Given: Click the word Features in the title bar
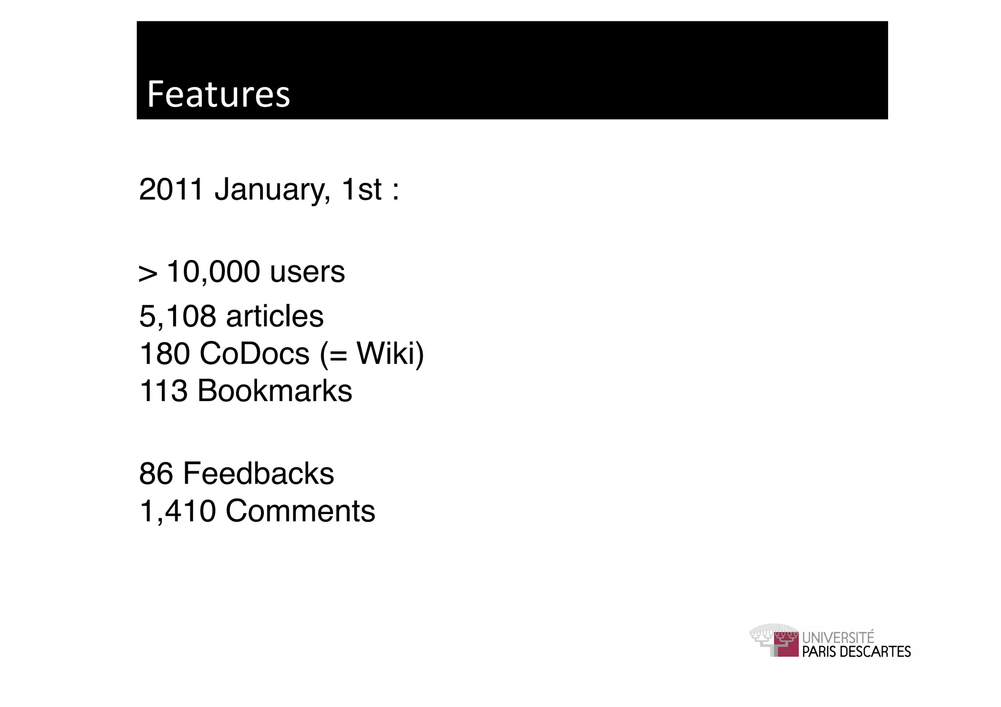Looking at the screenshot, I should pyautogui.click(x=218, y=94).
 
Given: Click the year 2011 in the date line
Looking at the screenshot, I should pyautogui.click(x=171, y=190).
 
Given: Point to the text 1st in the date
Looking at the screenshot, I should pyautogui.click(x=361, y=190).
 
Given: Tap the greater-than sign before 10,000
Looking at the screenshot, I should pyautogui.click(x=148, y=274).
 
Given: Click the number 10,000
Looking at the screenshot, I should pyautogui.click(x=213, y=273).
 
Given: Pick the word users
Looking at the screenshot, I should pyautogui.click(x=307, y=273).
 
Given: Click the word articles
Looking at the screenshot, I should pyautogui.click(x=275, y=317).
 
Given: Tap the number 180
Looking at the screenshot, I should pyautogui.click(x=164, y=354).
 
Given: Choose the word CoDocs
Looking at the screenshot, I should pyautogui.click(x=254, y=354).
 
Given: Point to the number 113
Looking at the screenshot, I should pyautogui.click(x=164, y=391).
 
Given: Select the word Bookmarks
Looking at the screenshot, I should pyautogui.click(x=274, y=391).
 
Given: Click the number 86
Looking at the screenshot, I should pyautogui.click(x=156, y=474).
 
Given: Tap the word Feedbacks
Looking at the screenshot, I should pyautogui.click(x=258, y=474).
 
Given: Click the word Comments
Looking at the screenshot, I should pyautogui.click(x=300, y=512).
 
